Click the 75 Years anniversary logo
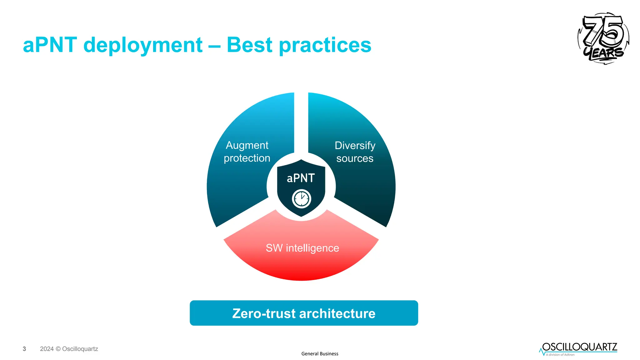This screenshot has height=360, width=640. [603, 38]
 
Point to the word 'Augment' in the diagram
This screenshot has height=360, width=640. [247, 145]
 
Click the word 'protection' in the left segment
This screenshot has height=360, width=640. [247, 158]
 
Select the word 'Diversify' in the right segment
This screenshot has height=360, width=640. [355, 146]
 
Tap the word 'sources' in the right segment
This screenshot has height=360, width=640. [355, 158]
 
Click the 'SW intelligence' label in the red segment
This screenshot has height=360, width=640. [302, 248]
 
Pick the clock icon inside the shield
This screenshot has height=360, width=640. [301, 198]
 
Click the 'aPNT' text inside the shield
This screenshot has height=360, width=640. [301, 178]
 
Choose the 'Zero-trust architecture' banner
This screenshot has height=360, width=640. [304, 313]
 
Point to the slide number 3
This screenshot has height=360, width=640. [24, 349]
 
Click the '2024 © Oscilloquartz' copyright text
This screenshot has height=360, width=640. [69, 349]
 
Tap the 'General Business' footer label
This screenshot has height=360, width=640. [320, 354]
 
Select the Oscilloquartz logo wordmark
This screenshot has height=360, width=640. [580, 347]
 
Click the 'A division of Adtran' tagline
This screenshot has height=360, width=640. [560, 355]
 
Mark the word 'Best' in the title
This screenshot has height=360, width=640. [249, 45]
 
